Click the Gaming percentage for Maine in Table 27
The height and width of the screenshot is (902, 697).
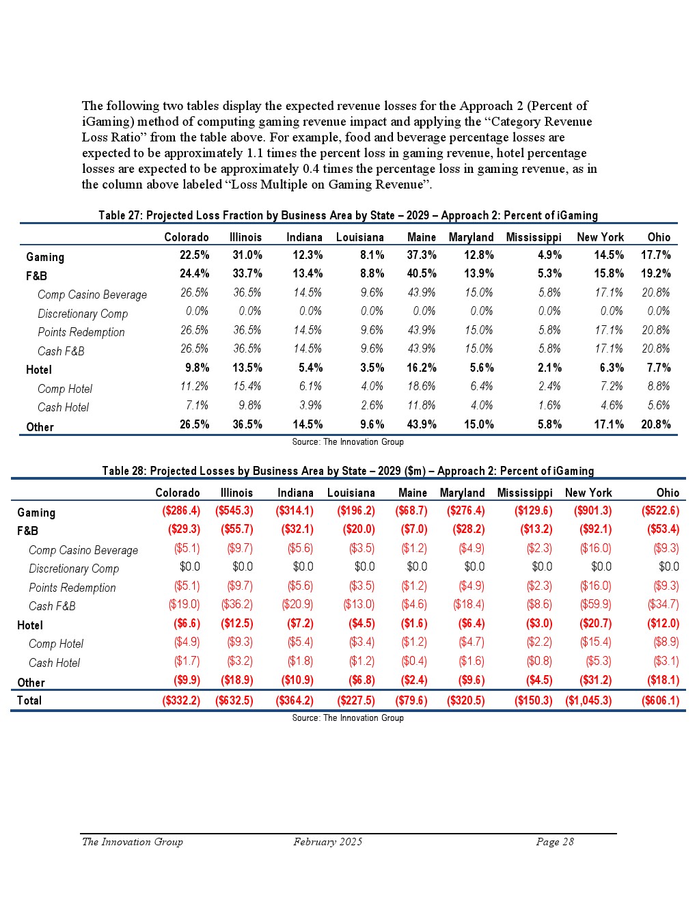click(x=422, y=255)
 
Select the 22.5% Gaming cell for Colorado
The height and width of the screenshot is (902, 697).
click(x=194, y=255)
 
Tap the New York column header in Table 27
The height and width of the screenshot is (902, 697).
click(x=600, y=237)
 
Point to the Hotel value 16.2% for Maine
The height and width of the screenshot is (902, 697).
click(x=422, y=368)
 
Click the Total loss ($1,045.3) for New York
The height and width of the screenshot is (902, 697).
click(x=588, y=700)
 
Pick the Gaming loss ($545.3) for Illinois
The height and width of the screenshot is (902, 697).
click(x=234, y=510)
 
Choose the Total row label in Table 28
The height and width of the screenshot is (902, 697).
click(x=29, y=700)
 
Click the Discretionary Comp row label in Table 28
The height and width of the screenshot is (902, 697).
click(x=74, y=569)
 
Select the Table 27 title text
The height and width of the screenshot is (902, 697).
click(x=348, y=215)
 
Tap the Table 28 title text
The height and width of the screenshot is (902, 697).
click(x=348, y=471)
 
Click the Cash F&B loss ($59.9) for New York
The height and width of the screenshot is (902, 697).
click(x=595, y=604)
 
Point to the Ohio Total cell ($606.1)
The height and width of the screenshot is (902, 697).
click(x=660, y=700)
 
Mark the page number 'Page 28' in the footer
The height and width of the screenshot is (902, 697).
click(x=555, y=842)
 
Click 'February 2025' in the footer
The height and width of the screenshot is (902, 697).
click(x=328, y=842)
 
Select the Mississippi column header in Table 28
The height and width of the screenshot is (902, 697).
click(x=525, y=493)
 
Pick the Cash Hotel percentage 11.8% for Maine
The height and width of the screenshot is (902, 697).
click(x=422, y=405)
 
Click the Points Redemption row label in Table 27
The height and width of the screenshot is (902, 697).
click(x=81, y=332)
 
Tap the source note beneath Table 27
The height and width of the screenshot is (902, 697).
click(x=348, y=442)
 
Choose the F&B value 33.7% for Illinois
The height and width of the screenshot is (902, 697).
click(x=247, y=273)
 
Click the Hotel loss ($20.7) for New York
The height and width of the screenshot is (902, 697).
click(x=595, y=623)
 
